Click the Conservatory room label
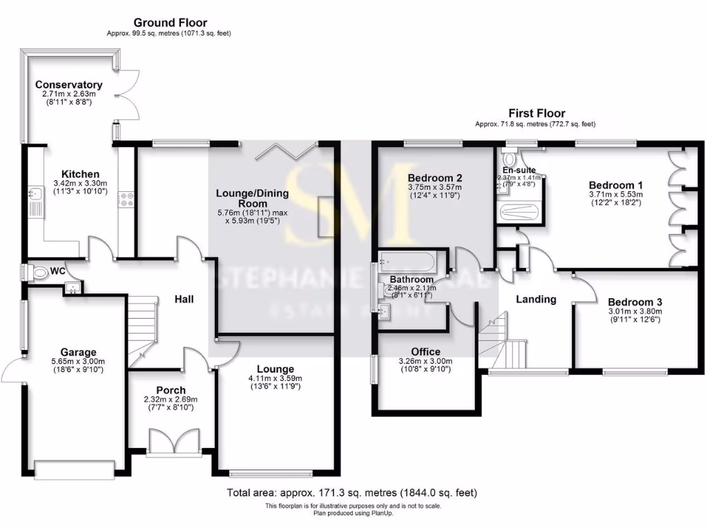[68, 85]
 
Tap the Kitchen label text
[80, 174]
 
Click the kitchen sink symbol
[36, 200]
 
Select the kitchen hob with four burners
[127, 199]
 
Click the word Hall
[184, 300]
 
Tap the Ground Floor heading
[170, 23]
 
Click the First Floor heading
[536, 113]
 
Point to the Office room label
[425, 351]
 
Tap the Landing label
[536, 300]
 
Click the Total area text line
[352, 493]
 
